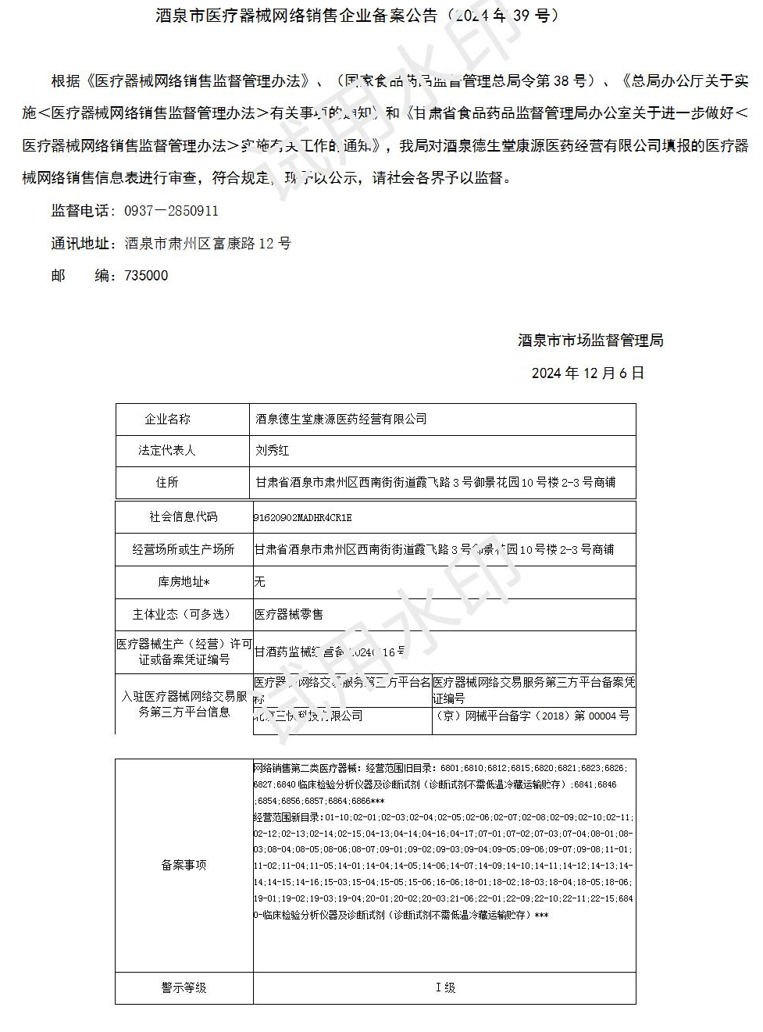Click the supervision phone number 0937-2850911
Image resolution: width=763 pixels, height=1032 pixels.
coord(171,211)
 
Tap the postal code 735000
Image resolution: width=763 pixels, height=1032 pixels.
coord(146,276)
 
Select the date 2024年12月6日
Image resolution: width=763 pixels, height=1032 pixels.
coord(588,373)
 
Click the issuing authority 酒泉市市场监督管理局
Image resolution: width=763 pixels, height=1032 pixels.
coord(590,341)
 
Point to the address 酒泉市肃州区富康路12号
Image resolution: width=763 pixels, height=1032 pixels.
coord(208,244)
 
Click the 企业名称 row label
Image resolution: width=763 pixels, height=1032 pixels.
coord(167,420)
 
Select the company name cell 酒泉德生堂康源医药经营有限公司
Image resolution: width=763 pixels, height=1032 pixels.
coord(341,420)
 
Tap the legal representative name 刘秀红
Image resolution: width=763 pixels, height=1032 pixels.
coord(273,451)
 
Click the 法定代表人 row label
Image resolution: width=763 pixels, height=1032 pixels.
coord(167,451)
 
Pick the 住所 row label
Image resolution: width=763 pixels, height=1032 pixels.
coord(167,483)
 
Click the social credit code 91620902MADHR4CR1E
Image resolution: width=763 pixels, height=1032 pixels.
coord(303,518)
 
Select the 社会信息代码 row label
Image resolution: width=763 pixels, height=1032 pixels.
coord(184,517)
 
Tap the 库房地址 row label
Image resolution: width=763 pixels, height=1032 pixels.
coord(184,582)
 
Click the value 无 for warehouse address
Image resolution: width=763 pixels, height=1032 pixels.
coord(260,582)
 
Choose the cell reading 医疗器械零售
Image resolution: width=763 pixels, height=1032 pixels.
coord(289,615)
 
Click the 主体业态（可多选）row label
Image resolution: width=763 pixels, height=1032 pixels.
coord(184,615)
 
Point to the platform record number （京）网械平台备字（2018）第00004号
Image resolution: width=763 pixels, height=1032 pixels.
coord(533,716)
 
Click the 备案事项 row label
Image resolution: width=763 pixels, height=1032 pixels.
coord(184,866)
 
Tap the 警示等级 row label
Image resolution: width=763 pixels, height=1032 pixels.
coord(184,988)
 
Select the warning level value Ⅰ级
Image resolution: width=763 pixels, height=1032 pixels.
coord(445,988)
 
